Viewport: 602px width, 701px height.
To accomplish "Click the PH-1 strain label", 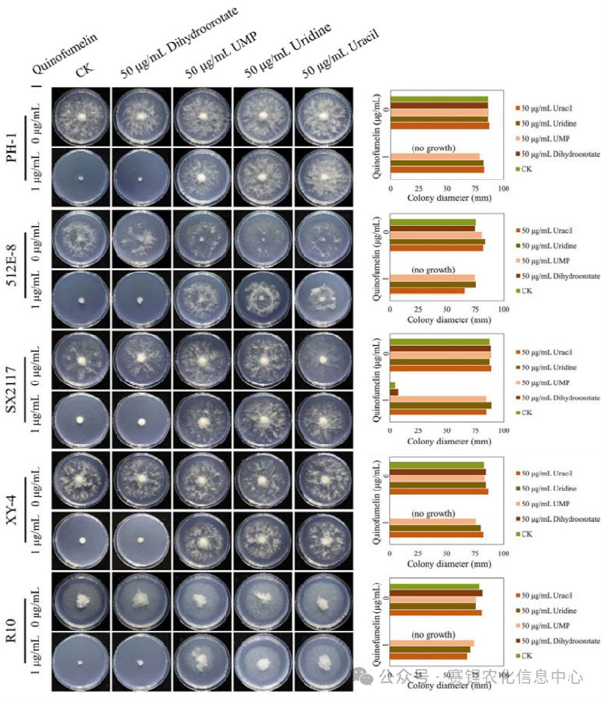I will (x=13, y=145).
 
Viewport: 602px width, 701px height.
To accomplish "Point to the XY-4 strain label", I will (x=13, y=510).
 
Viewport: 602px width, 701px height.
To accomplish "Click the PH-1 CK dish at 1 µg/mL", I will (x=81, y=177).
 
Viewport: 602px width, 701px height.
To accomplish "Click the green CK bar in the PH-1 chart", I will (x=439, y=99).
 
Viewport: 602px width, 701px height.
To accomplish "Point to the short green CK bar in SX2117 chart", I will (x=392, y=386).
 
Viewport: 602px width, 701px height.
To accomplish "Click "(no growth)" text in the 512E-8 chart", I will (x=433, y=269).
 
